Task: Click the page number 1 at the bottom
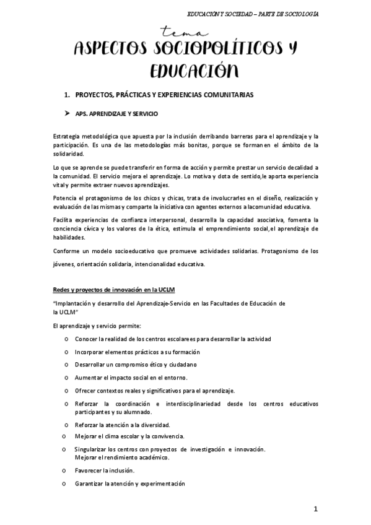tap(315, 510)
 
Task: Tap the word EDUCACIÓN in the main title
tap(185, 72)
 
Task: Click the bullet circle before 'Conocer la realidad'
tap(66, 340)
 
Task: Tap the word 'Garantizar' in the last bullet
tap(89, 484)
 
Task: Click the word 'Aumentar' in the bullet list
tap(89, 378)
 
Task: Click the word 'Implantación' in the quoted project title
tap(76, 304)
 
